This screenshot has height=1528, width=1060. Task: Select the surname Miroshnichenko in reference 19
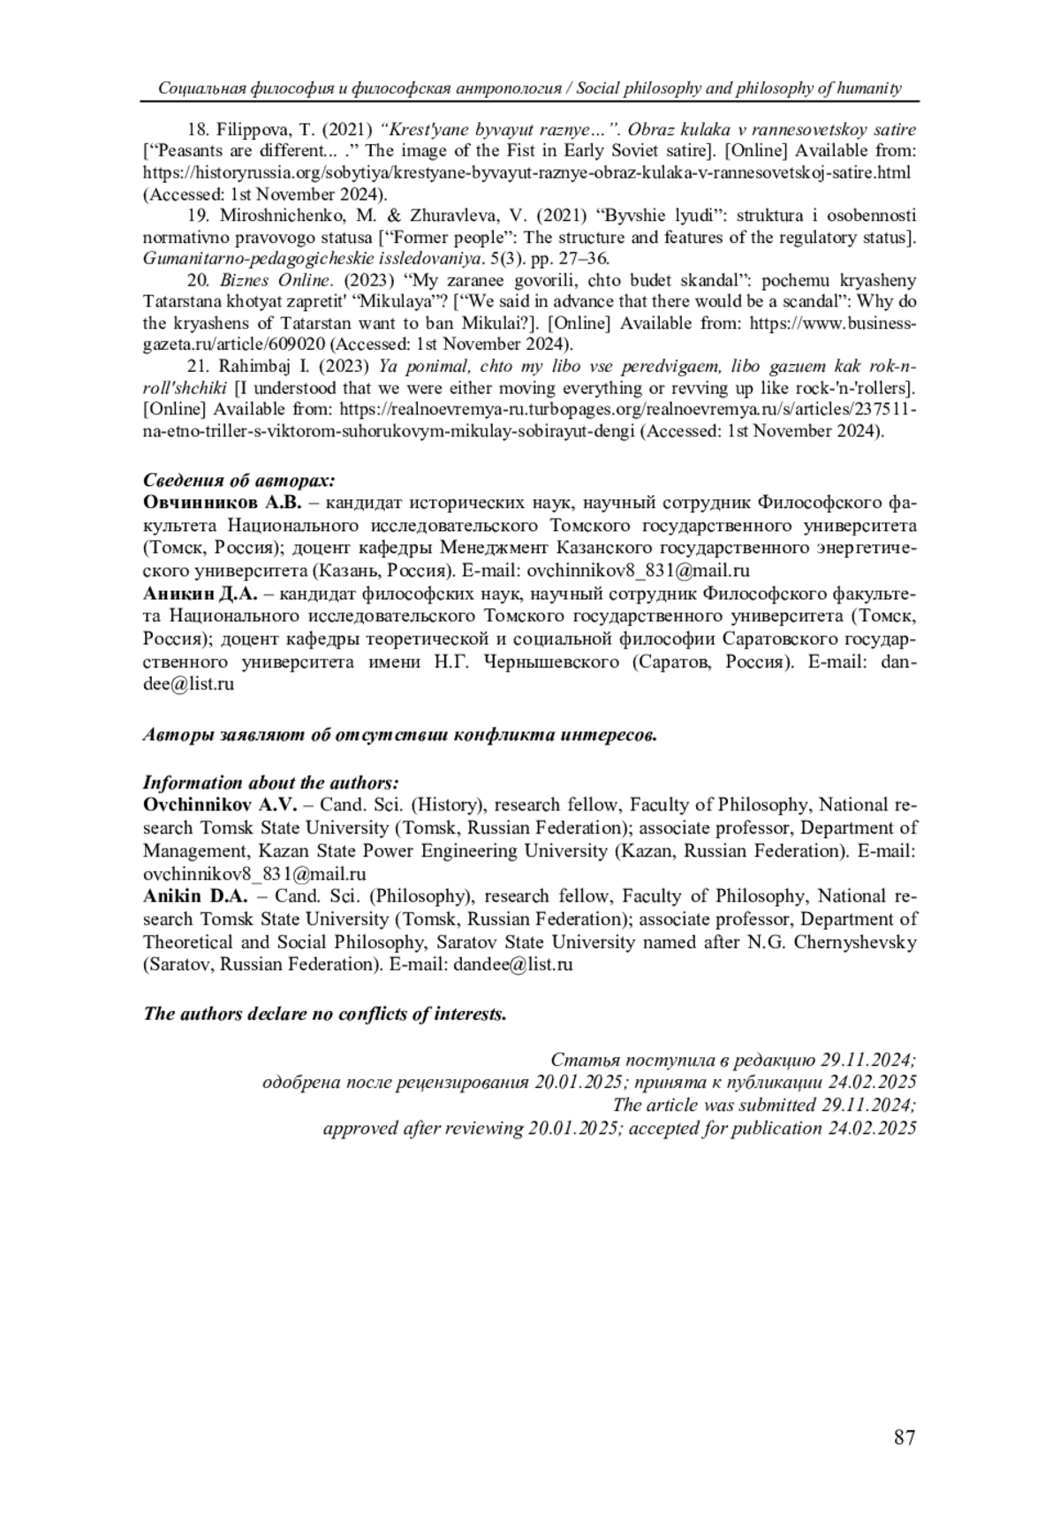point(281,215)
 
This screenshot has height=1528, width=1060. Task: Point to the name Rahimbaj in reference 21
point(253,366)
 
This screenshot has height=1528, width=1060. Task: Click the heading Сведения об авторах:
point(239,481)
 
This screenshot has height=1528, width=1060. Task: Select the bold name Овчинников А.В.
point(223,503)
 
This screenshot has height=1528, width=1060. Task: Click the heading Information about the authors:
point(271,783)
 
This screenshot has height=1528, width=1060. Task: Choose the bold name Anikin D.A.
point(195,896)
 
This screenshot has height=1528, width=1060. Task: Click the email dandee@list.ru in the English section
point(512,964)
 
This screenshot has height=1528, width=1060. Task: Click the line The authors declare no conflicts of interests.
point(325,1014)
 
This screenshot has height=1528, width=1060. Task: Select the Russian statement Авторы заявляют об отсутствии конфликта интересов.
point(399,734)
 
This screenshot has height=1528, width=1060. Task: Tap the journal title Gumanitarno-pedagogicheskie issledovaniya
point(310,259)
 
